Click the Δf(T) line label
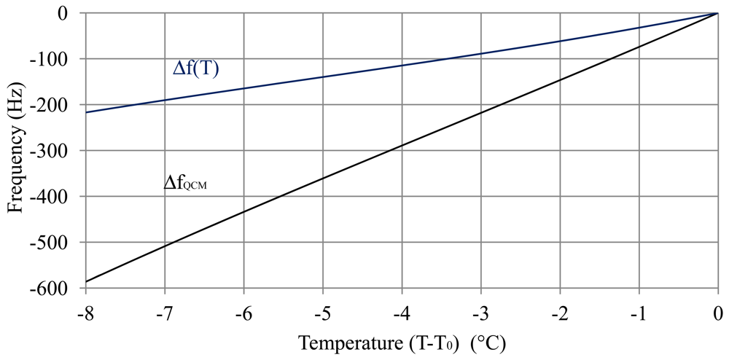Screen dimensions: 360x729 196,69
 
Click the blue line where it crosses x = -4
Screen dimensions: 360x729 402,66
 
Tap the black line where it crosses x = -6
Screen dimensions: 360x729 244,212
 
